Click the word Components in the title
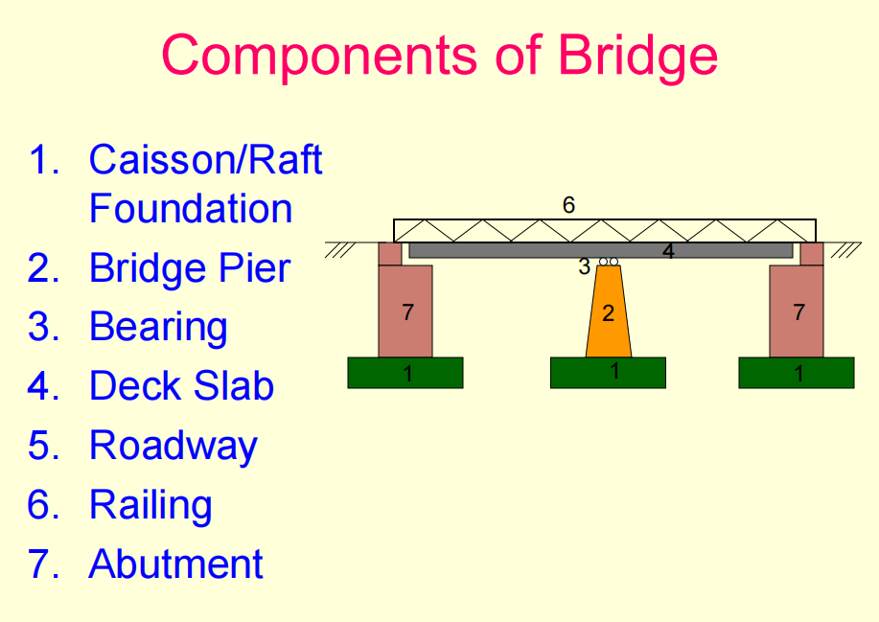319,56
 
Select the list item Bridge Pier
190,267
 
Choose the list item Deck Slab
181,385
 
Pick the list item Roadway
173,447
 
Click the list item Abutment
176,564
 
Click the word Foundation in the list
191,209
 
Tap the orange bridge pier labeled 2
609,311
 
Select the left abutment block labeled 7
405,311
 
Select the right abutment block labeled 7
797,311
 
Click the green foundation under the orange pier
609,373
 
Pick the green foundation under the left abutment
405,373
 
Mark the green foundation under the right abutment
797,373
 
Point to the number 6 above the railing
568,205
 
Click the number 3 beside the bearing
584,266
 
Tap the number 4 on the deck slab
668,252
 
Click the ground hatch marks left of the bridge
339,250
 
